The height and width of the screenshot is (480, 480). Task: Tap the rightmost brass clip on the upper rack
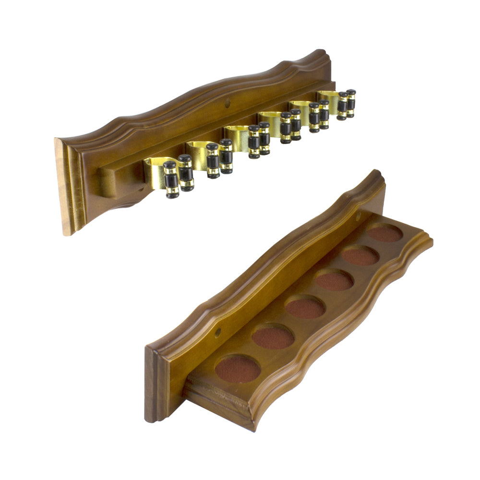coord(329,98)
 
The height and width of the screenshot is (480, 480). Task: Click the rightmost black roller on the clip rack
coord(351,103)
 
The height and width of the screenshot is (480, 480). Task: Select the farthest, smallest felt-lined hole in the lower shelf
coord(385,233)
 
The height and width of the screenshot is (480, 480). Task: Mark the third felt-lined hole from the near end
coord(305,308)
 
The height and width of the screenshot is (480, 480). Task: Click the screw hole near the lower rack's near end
coord(217,332)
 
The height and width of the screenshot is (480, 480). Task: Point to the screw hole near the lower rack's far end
coord(358,217)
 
